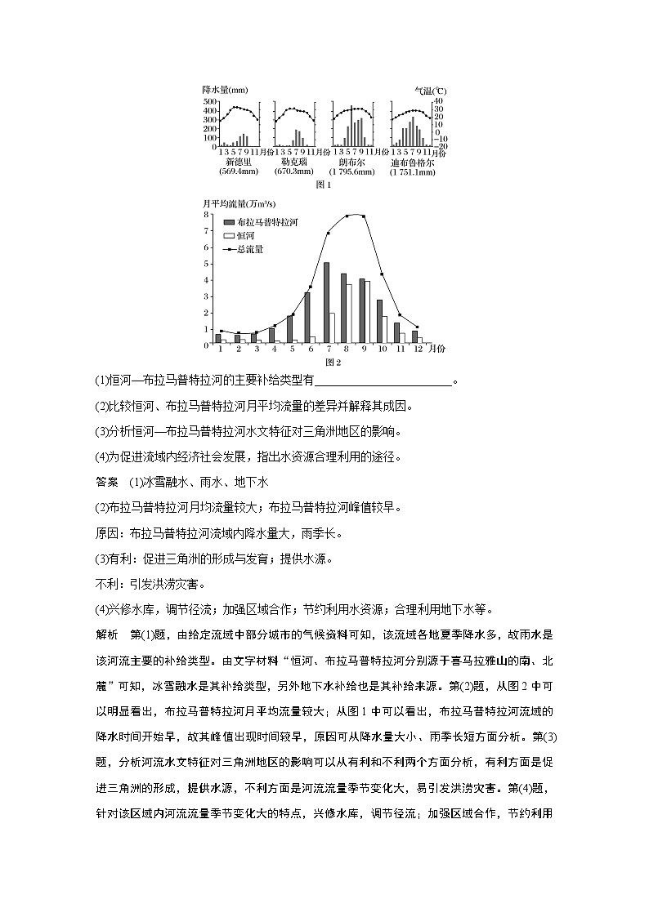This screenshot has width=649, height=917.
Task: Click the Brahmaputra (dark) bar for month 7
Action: click(x=326, y=302)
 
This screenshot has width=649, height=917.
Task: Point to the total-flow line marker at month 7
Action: click(x=329, y=233)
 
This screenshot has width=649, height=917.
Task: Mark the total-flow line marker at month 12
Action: click(x=418, y=327)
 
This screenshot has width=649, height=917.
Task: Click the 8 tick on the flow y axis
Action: click(x=207, y=214)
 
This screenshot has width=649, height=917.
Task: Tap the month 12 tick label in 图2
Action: click(x=418, y=349)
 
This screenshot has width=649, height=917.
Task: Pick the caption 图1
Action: click(x=323, y=185)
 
